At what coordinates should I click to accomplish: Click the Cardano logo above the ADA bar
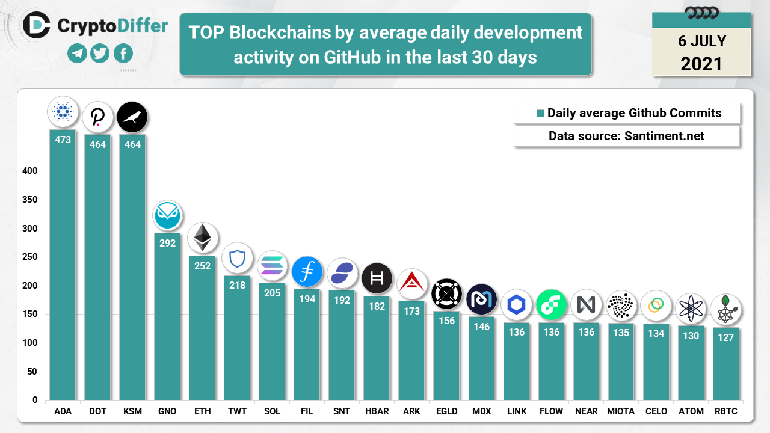(63, 112)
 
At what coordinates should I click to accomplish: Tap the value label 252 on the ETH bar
(202, 266)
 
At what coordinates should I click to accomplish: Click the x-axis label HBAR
(377, 411)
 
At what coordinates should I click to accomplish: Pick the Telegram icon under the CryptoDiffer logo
(77, 54)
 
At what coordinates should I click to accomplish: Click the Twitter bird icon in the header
(100, 54)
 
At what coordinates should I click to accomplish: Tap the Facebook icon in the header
(123, 54)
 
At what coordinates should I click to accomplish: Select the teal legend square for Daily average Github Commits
(540, 113)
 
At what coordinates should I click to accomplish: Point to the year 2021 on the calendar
(701, 63)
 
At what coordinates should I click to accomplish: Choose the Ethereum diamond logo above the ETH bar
(202, 238)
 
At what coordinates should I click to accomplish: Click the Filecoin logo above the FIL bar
(307, 272)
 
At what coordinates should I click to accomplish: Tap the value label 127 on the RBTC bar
(725, 337)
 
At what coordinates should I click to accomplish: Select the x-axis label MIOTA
(621, 411)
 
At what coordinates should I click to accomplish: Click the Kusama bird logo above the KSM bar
(132, 117)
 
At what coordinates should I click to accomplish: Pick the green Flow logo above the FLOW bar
(551, 305)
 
